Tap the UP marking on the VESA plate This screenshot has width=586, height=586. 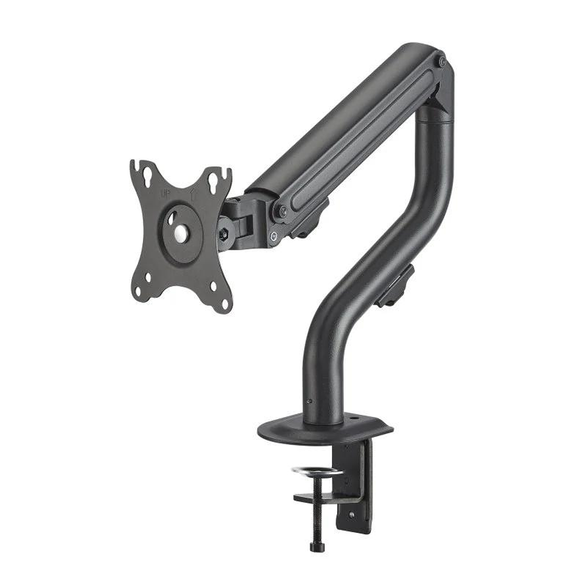(166, 192)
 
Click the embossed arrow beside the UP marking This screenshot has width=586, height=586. (194, 194)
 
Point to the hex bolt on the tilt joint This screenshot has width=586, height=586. (223, 232)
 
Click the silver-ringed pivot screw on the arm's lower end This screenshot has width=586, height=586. (273, 236)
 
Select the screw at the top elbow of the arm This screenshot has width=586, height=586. (442, 62)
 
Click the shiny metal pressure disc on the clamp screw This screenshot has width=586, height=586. (317, 471)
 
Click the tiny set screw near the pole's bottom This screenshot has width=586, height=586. (310, 401)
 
